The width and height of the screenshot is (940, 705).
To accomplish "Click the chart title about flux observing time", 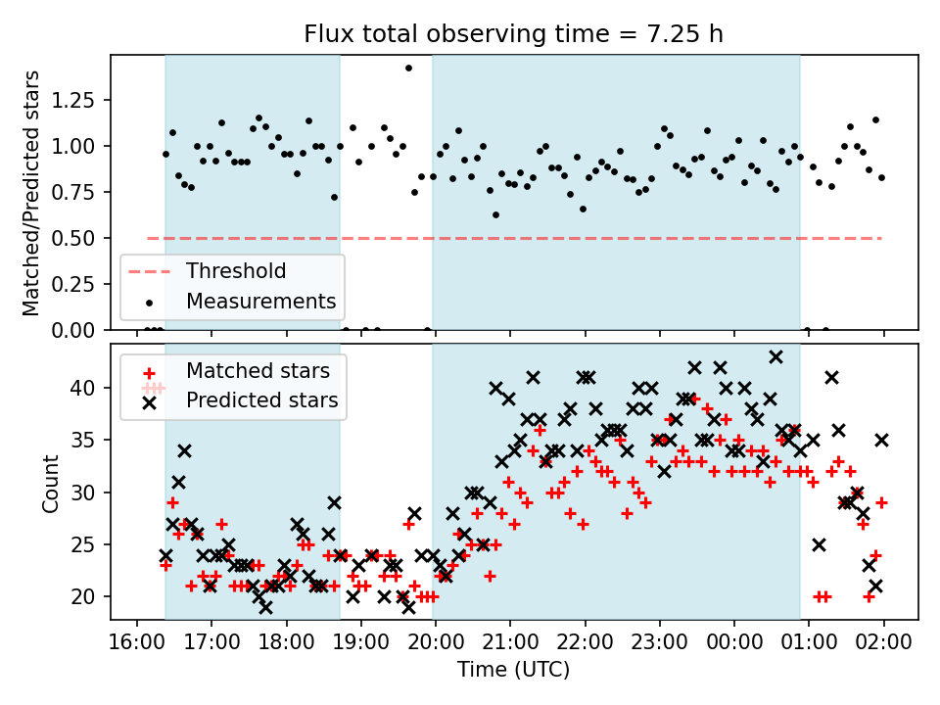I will pyautogui.click(x=514, y=34).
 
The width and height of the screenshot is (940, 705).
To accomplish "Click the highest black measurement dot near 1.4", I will pyautogui.click(x=408, y=68).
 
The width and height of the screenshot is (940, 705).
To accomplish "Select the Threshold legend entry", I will pyautogui.click(x=236, y=271).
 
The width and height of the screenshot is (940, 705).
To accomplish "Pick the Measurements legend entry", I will pyautogui.click(x=260, y=301).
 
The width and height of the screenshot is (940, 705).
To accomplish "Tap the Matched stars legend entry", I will pyautogui.click(x=258, y=371).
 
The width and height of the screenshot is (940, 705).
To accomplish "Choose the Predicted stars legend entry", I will pyautogui.click(x=261, y=400).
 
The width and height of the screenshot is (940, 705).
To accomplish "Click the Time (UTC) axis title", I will pyautogui.click(x=513, y=671).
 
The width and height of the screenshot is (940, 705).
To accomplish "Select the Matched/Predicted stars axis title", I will pyautogui.click(x=31, y=193).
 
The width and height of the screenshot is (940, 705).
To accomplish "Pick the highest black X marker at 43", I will pyautogui.click(x=775, y=356).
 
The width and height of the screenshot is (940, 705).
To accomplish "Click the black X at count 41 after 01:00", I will pyautogui.click(x=831, y=377).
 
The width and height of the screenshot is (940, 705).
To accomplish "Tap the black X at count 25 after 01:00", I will pyautogui.click(x=819, y=544).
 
